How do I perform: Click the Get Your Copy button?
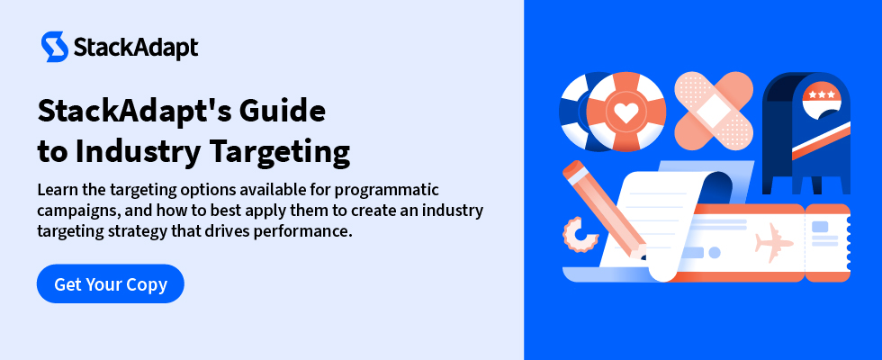pos(110,283)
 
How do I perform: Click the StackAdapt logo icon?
pos(55,47)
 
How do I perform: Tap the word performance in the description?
pos(302,230)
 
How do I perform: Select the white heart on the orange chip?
pos(626,112)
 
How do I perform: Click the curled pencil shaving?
pos(578,236)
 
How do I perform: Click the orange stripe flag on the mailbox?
pos(821,140)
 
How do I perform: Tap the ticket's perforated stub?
pos(827,242)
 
